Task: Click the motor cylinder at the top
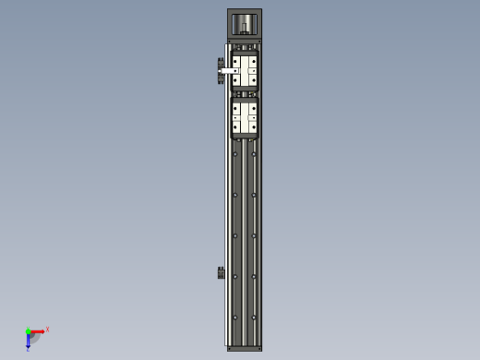click(244, 24)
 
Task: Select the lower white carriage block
click(245, 117)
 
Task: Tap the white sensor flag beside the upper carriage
click(227, 70)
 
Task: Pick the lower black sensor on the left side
click(221, 272)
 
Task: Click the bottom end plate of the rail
click(245, 348)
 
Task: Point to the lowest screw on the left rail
click(235, 317)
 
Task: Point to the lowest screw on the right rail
click(254, 317)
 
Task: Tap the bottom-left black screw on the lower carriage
click(235, 127)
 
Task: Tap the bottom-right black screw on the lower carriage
click(254, 127)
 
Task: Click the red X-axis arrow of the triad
click(39, 330)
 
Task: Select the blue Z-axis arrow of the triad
click(29, 341)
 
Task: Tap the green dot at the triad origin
click(29, 330)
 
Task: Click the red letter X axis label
click(47, 329)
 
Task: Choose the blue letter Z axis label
click(28, 349)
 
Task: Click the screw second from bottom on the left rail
click(235, 276)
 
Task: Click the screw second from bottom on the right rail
click(254, 276)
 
